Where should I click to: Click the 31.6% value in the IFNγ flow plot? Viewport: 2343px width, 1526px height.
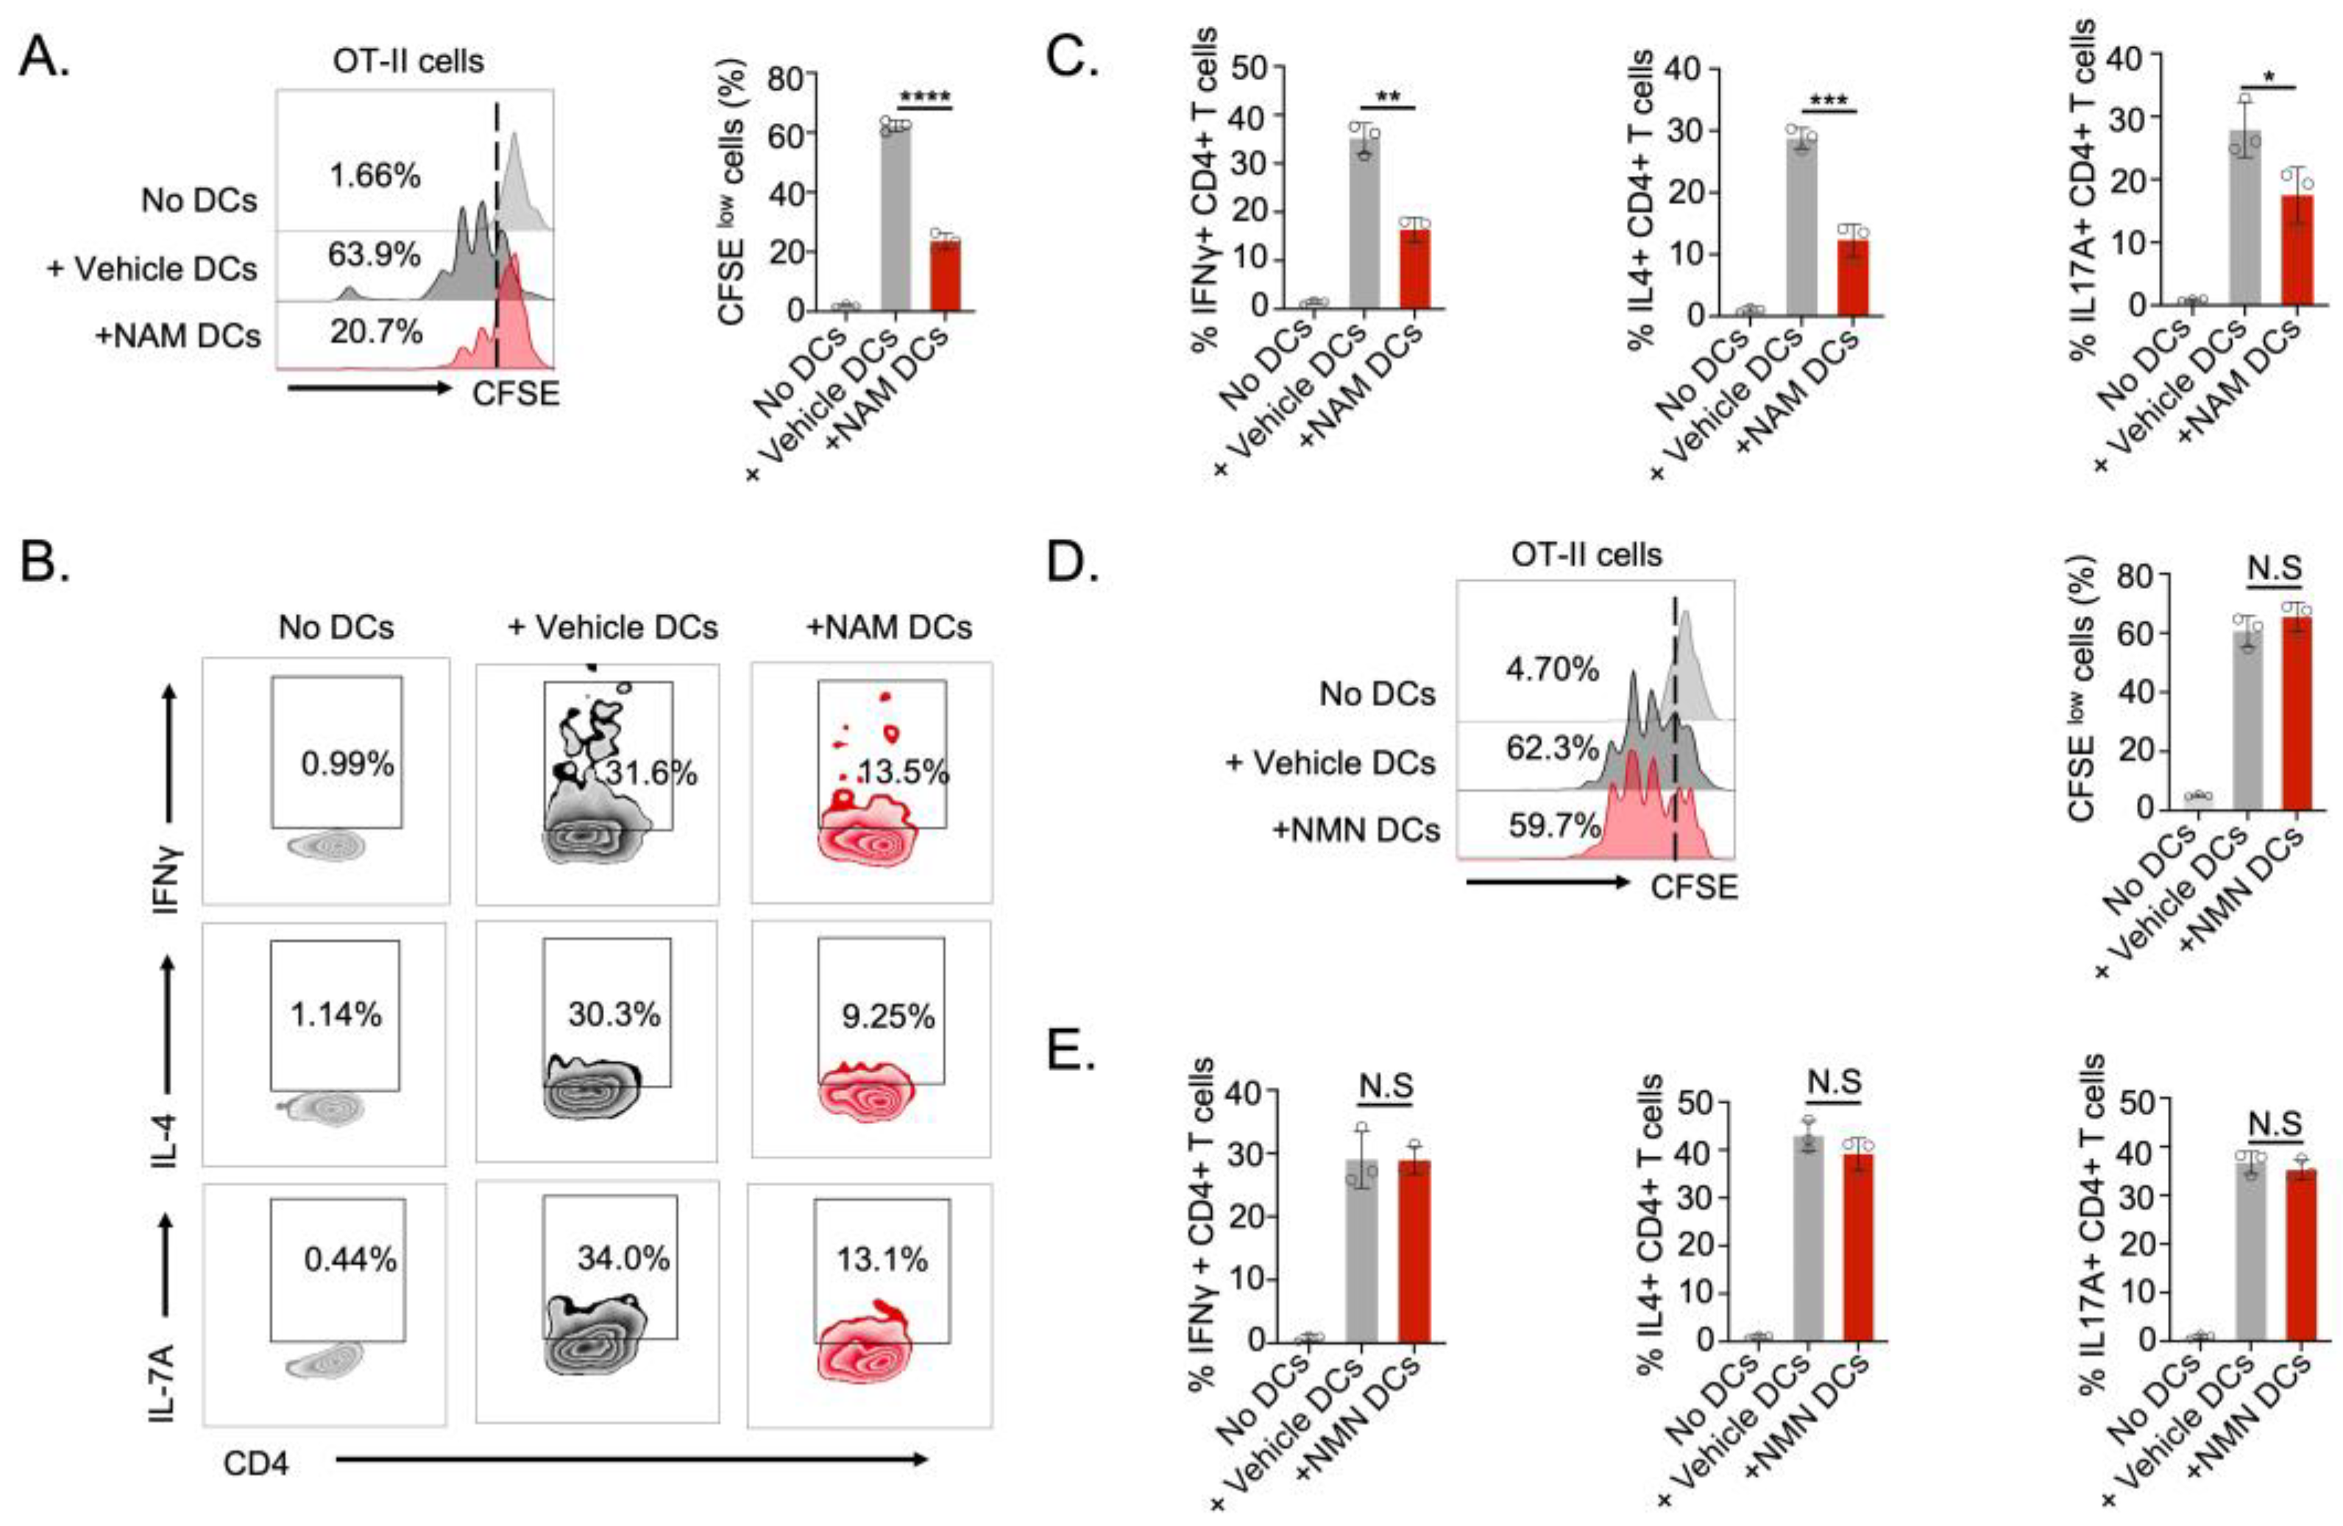[x=652, y=773]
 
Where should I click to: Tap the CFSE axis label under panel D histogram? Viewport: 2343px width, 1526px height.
[x=1693, y=887]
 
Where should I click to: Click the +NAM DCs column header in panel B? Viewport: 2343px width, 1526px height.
[x=889, y=627]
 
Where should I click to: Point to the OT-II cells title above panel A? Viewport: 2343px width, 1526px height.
[x=408, y=61]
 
